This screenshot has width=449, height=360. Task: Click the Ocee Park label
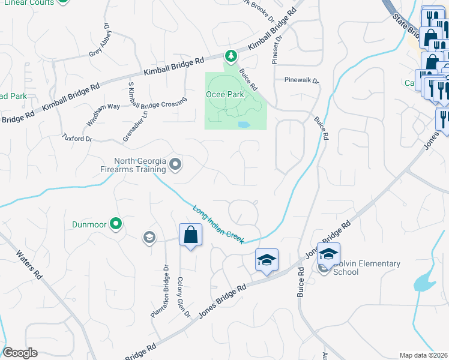[225, 94]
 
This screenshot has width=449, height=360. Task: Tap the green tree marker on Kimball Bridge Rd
[231, 56]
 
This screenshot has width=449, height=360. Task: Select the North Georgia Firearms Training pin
[175, 164]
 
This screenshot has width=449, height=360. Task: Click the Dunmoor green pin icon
[116, 225]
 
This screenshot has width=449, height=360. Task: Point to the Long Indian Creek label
[218, 225]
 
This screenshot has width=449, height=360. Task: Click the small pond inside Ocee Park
[244, 125]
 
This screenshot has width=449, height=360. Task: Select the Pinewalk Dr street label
[301, 80]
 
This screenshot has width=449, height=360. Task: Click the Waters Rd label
[29, 265]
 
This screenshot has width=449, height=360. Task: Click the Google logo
[20, 353]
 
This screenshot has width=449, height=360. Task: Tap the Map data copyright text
[424, 355]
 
